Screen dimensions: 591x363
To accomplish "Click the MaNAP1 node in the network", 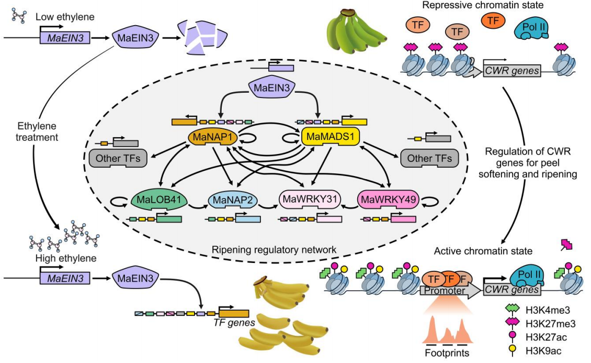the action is (x=212, y=137).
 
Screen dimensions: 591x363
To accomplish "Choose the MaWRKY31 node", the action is (x=310, y=200).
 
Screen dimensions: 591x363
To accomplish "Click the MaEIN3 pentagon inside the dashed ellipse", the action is (x=271, y=89).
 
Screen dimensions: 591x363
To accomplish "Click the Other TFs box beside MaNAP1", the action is (x=118, y=159).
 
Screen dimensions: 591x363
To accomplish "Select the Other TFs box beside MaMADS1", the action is (x=429, y=159).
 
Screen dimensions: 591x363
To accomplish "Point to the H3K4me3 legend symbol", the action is (x=513, y=310).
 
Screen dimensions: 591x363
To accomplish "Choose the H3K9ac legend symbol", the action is (x=513, y=350).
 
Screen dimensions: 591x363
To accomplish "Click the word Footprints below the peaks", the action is (x=447, y=353).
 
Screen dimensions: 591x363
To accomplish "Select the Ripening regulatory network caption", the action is (x=274, y=250).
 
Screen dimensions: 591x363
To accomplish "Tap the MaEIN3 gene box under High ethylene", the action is (x=65, y=279).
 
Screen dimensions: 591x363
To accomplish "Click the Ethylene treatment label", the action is (x=37, y=131).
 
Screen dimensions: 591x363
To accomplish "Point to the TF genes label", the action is (x=234, y=323).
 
